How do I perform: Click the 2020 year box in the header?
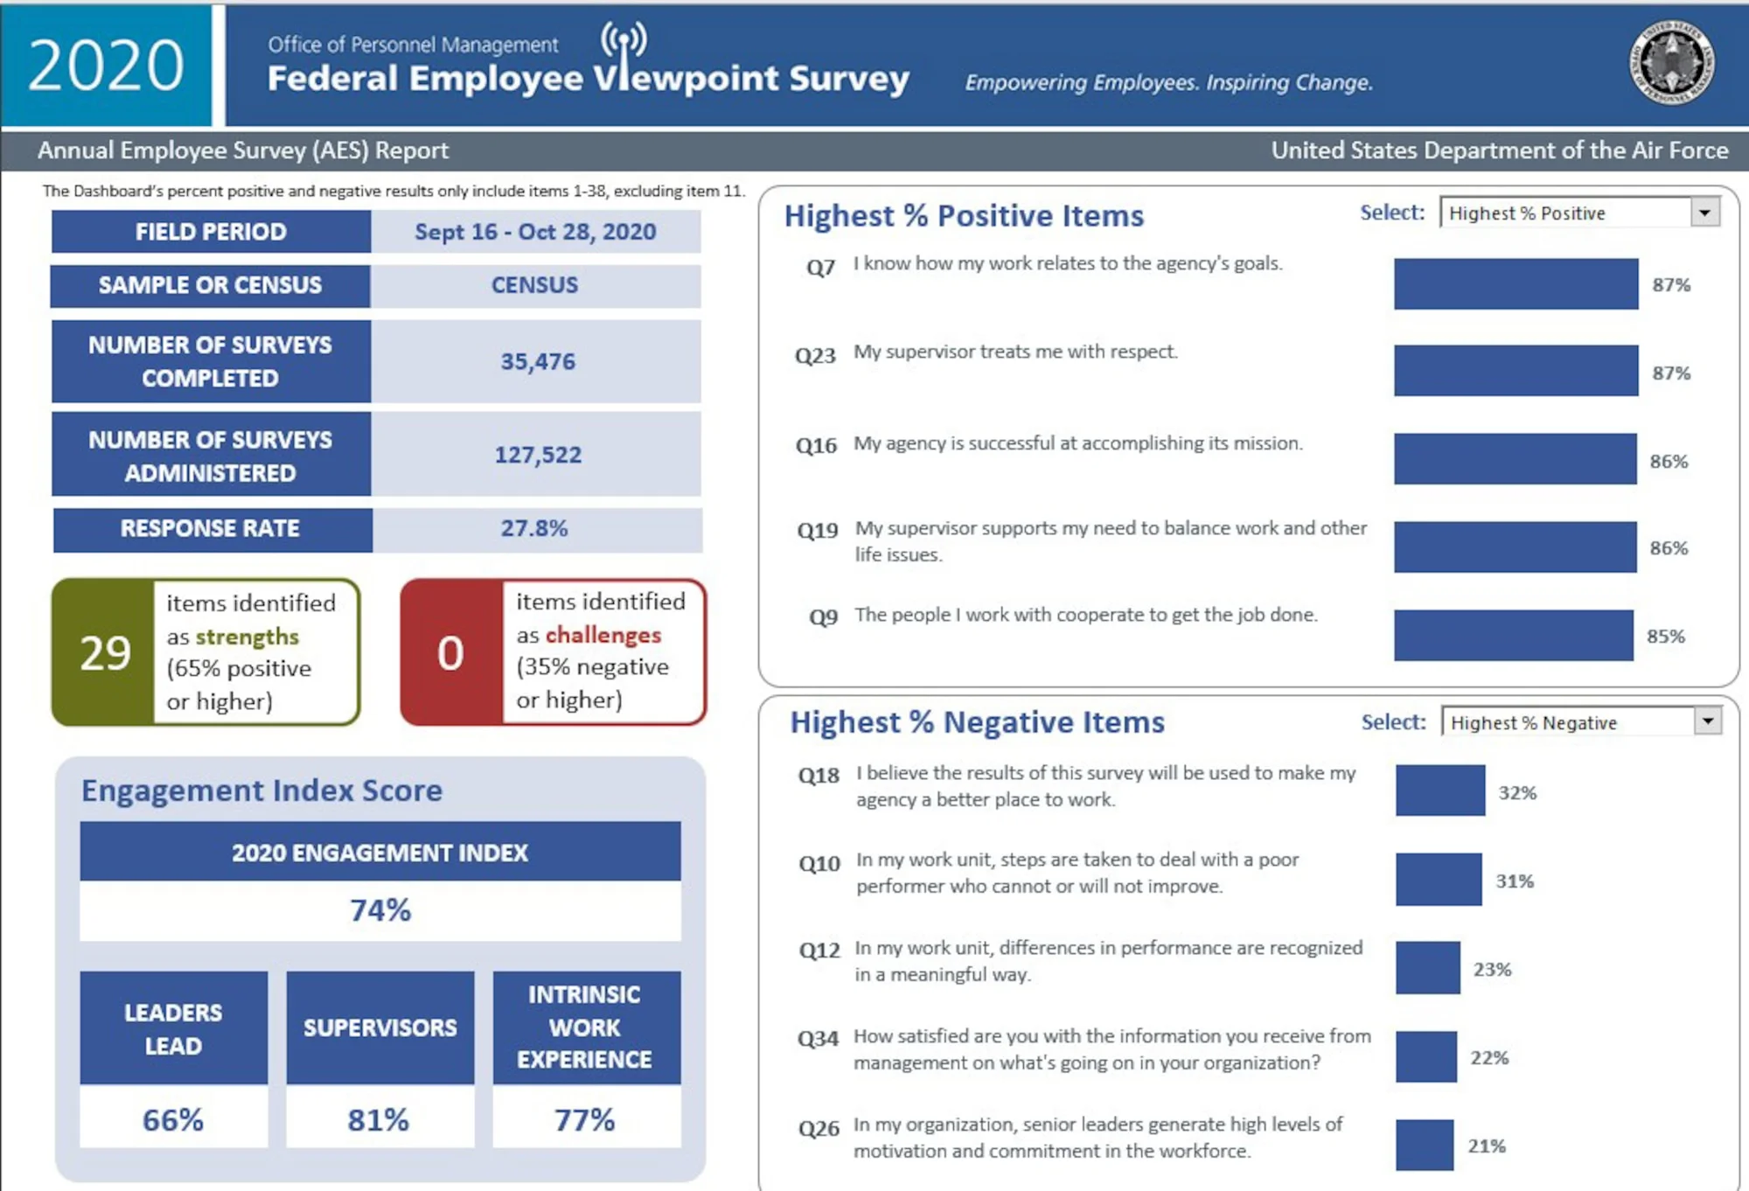pyautogui.click(x=105, y=66)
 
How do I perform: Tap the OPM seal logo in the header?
pyautogui.click(x=1671, y=63)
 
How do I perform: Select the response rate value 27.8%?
pyautogui.click(x=534, y=528)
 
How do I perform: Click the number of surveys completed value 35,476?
pyautogui.click(x=537, y=361)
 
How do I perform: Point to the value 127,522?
pyautogui.click(x=537, y=455)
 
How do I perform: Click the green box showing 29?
pyautogui.click(x=104, y=652)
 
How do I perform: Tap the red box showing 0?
pyautogui.click(x=450, y=652)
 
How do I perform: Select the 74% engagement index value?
pyautogui.click(x=380, y=910)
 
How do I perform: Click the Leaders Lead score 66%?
pyautogui.click(x=173, y=1119)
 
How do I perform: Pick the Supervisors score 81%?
pyautogui.click(x=379, y=1119)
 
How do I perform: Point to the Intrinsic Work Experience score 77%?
pyautogui.click(x=585, y=1119)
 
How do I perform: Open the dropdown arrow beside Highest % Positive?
pyautogui.click(x=1704, y=212)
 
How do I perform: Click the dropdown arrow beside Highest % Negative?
pyautogui.click(x=1706, y=721)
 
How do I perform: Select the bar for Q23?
pyautogui.click(x=1515, y=371)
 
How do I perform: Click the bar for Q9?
pyautogui.click(x=1513, y=635)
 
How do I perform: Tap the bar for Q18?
pyautogui.click(x=1439, y=791)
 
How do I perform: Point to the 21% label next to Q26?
pyautogui.click(x=1487, y=1146)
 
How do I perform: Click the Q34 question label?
pyautogui.click(x=818, y=1039)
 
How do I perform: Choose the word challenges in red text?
pyautogui.click(x=603, y=635)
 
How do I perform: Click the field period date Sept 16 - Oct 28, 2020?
pyautogui.click(x=535, y=232)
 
